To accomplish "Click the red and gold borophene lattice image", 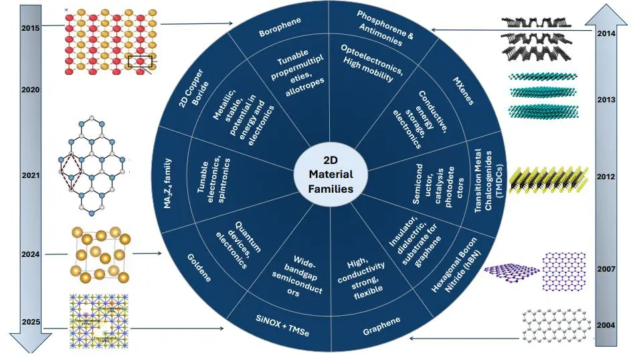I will point(112,41).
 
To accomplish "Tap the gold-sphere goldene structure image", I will point(101,254).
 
